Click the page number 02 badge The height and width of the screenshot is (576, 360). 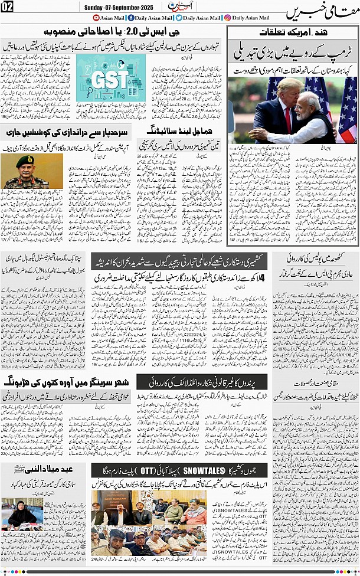click(8, 6)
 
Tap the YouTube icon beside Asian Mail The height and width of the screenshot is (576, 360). click(97, 18)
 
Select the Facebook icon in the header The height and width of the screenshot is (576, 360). click(130, 18)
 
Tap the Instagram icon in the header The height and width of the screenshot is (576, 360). click(227, 18)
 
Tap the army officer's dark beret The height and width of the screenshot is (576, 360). click(25, 159)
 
